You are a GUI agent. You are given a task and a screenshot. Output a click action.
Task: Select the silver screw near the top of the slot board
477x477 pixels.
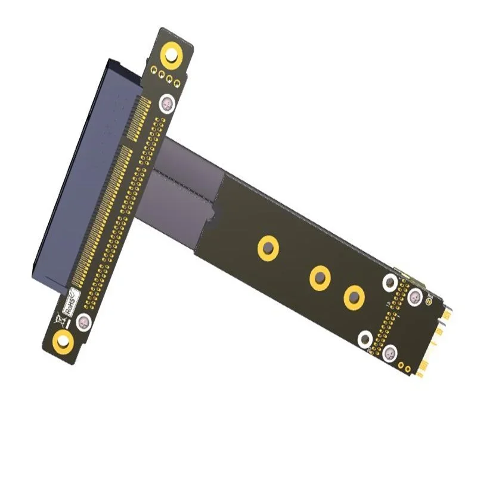click(x=168, y=104)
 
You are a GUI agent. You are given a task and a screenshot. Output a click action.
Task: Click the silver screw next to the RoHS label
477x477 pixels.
click(x=85, y=323)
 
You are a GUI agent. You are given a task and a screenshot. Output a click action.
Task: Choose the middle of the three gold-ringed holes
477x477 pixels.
click(x=320, y=277)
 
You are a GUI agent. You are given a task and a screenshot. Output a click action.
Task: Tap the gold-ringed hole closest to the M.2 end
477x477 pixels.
click(x=354, y=297)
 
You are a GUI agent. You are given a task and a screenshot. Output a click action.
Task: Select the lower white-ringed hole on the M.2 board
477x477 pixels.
click(x=365, y=339)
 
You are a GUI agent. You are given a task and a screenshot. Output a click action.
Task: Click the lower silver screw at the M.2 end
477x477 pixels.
click(x=390, y=353)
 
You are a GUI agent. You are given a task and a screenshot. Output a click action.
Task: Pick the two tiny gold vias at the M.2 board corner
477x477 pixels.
click(x=405, y=364)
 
